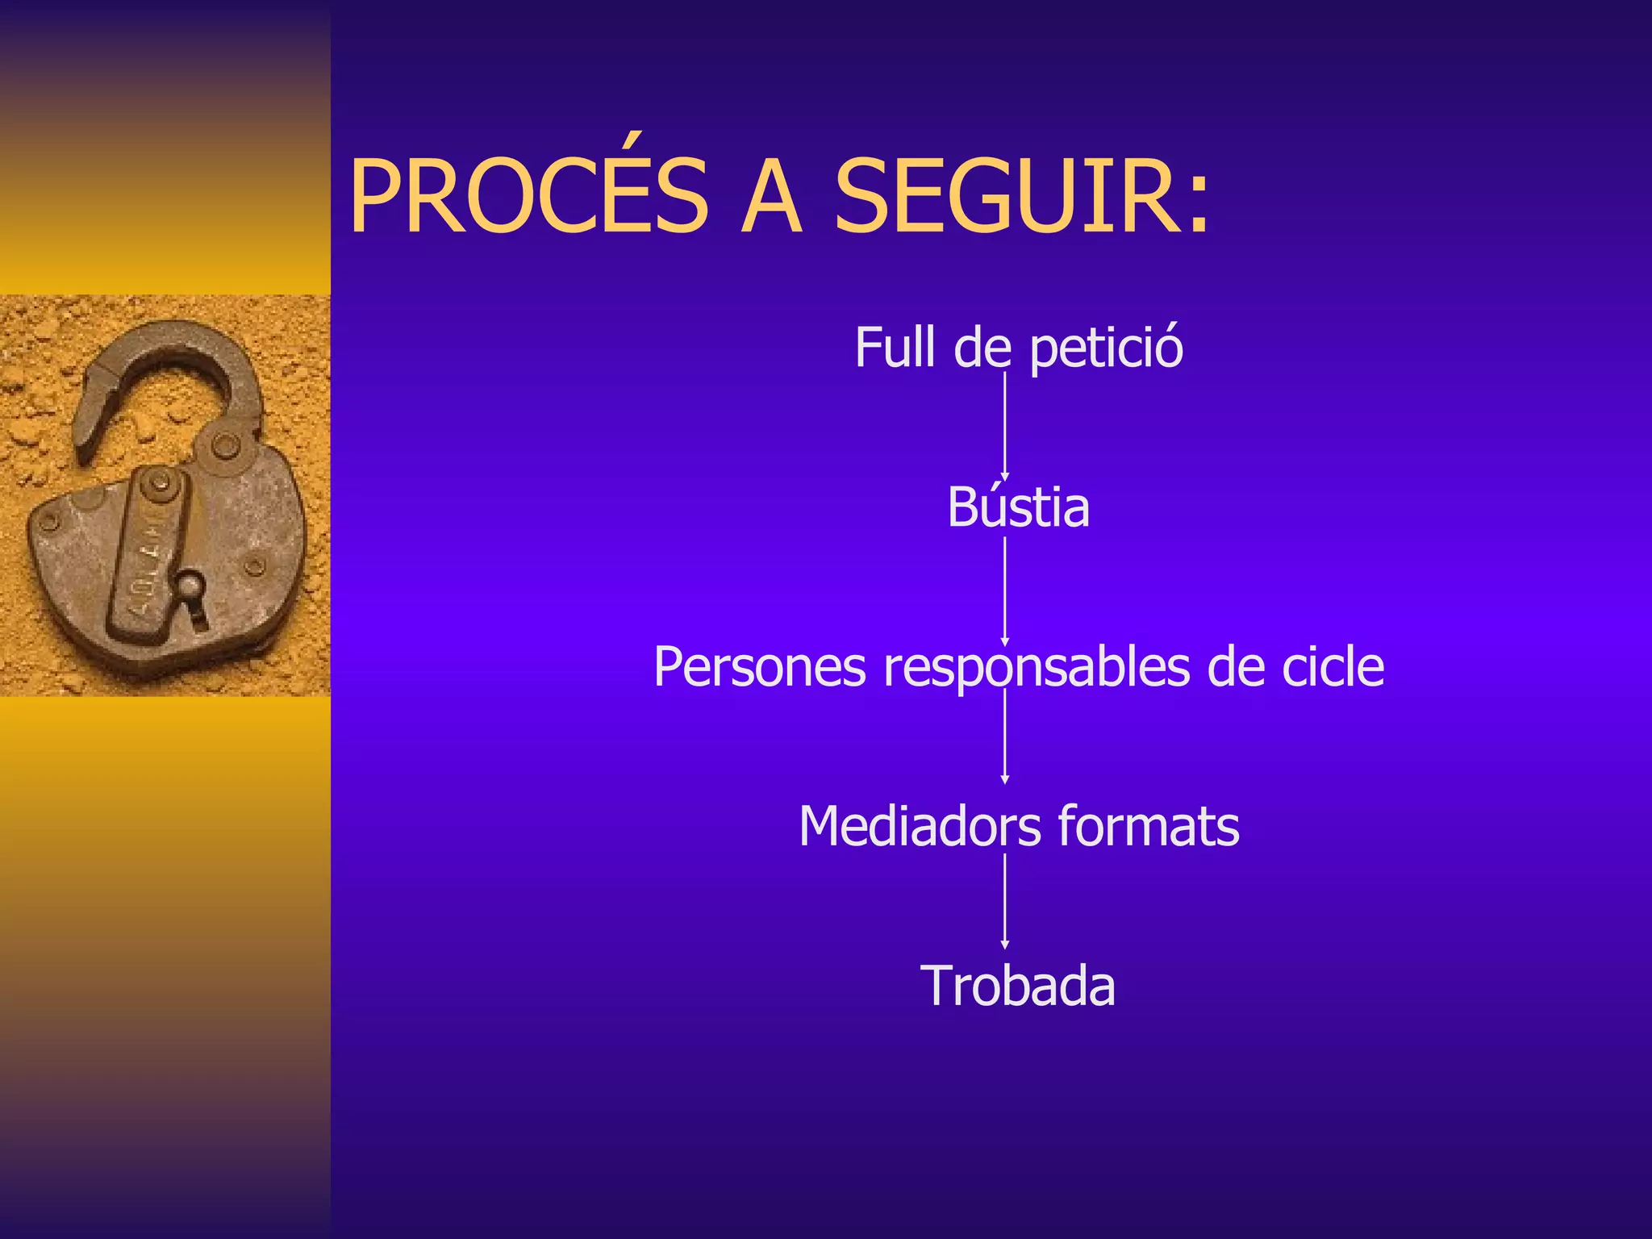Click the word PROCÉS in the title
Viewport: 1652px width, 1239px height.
(x=528, y=196)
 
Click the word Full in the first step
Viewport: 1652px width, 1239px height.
(x=895, y=348)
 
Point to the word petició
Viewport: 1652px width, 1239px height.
(x=1106, y=349)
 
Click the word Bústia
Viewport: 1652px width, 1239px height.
(x=1018, y=508)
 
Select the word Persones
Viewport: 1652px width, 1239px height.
(x=759, y=667)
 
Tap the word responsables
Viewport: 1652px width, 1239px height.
(x=1037, y=669)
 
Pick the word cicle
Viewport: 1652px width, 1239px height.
(x=1333, y=667)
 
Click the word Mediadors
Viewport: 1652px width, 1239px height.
(x=919, y=827)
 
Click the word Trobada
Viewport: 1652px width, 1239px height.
(x=1017, y=986)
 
